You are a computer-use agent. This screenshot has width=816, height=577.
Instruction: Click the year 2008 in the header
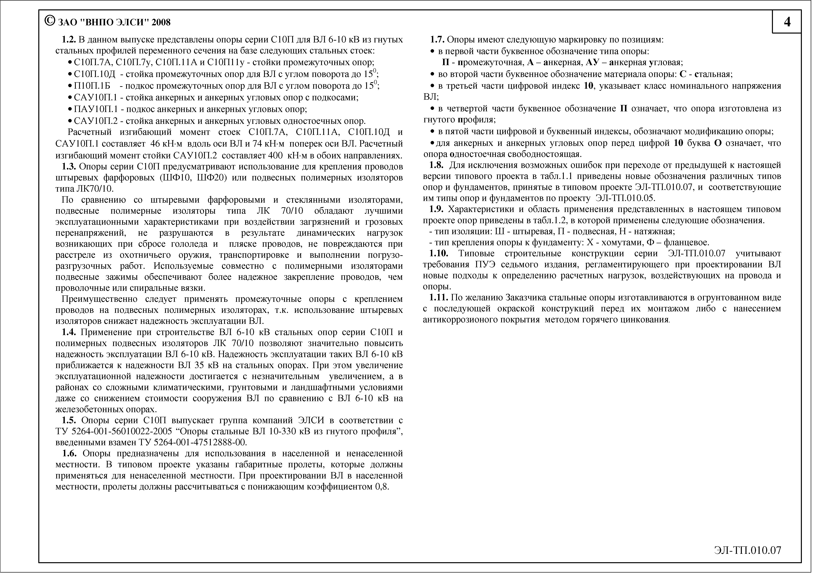coord(161,22)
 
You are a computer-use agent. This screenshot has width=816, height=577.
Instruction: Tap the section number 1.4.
coord(69,332)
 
